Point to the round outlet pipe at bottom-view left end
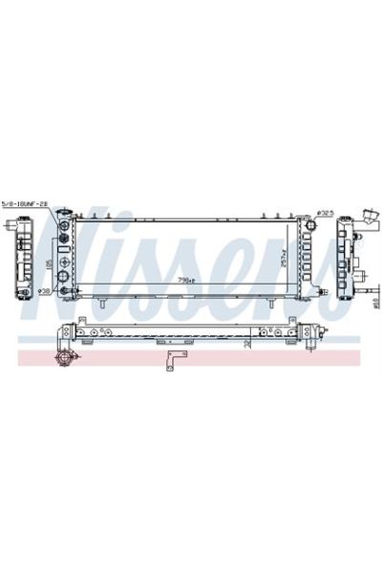tap(64, 358)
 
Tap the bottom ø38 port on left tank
tap(64, 278)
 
